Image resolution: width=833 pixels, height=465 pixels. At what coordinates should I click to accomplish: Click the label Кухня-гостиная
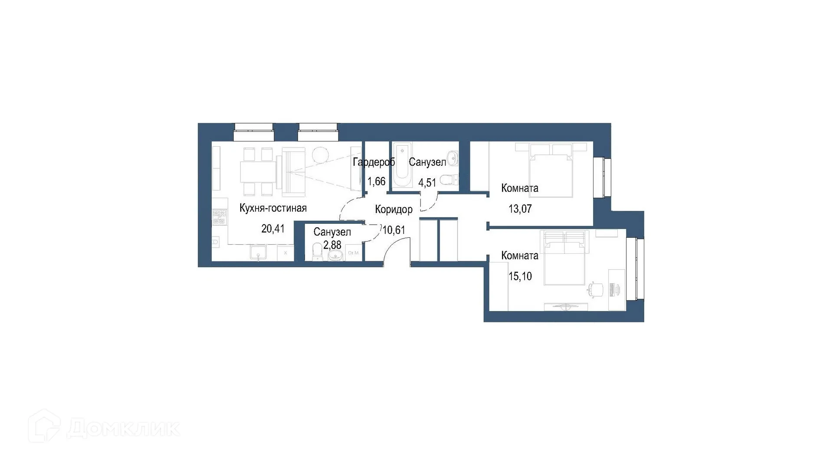pos(273,208)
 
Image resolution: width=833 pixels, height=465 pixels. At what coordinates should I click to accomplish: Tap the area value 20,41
pos(273,229)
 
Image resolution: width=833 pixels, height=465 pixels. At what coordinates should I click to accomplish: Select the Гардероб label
pos(374,162)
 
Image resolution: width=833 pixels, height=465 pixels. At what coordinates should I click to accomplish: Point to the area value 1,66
pos(376,181)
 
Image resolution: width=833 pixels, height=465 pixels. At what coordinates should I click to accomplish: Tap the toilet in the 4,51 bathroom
pos(447,179)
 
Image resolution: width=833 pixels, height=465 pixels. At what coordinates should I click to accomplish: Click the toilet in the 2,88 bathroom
pos(317,251)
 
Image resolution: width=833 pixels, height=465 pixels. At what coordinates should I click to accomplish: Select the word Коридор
pos(394,210)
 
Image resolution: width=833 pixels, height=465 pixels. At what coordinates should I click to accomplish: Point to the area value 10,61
pos(394,230)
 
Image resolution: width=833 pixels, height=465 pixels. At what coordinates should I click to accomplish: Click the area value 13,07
pos(520,209)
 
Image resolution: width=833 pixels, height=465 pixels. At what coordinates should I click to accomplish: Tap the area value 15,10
pos(520,276)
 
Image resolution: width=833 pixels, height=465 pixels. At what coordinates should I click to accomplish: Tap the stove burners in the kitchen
pos(220,217)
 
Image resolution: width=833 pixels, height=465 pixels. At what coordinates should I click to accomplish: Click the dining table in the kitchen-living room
pos(258,173)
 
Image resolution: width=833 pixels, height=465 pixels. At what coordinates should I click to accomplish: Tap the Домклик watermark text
pos(123,429)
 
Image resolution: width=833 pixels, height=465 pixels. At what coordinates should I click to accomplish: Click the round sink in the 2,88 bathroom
pos(335,256)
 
